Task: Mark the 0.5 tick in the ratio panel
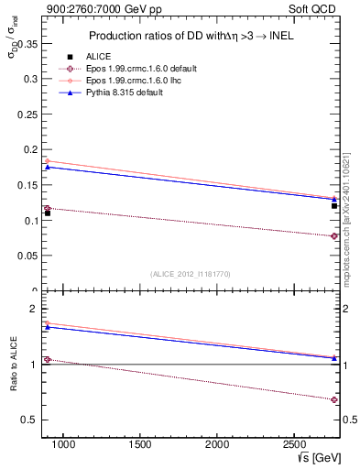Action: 31,420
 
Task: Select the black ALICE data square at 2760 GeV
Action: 334,206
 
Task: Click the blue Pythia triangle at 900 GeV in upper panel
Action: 48,167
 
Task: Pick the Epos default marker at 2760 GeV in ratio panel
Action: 334,399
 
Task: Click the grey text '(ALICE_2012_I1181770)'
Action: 190,274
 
